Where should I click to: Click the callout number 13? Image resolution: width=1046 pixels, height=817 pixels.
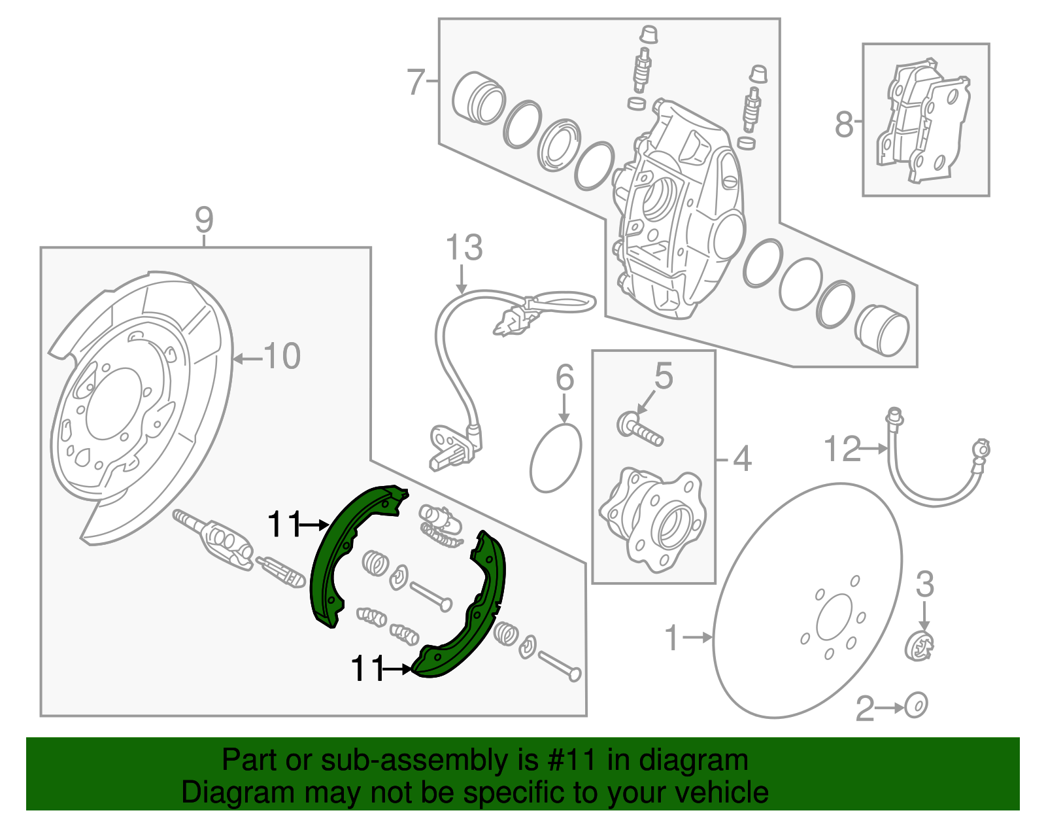coord(464,248)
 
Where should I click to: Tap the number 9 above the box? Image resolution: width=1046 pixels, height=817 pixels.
coord(204,220)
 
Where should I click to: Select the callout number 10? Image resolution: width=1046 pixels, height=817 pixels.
coord(282,356)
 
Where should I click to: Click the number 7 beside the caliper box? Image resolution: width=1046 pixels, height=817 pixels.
coord(416,82)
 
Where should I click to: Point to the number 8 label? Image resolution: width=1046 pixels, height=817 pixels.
coord(844,124)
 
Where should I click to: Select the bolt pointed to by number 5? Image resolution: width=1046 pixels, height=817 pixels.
coord(639,428)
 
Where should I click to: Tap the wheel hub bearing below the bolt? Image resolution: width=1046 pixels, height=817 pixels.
coord(653,517)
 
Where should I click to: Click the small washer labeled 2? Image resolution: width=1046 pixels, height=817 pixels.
coord(916,706)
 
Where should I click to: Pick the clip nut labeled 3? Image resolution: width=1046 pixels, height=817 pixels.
coord(920,648)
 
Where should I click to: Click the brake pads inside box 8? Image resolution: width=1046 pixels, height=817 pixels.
coord(922,121)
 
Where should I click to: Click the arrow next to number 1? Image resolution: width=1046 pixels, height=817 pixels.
coord(701,636)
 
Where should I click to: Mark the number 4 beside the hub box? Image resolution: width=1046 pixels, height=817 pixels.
coord(742,459)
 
